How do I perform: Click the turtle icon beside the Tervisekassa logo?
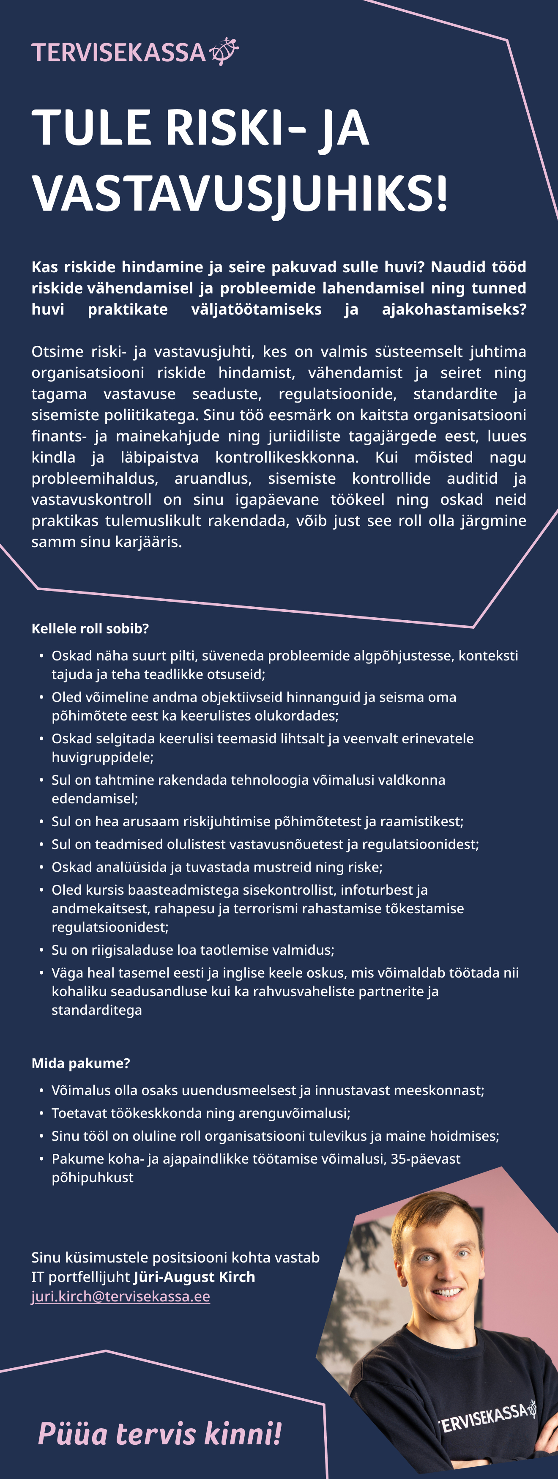pyautogui.click(x=224, y=51)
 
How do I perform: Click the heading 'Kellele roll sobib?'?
pyautogui.click(x=90, y=629)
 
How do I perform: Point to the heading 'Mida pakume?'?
pyautogui.click(x=81, y=1063)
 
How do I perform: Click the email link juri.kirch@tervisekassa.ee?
pyautogui.click(x=120, y=1296)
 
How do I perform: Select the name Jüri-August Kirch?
pyautogui.click(x=194, y=1277)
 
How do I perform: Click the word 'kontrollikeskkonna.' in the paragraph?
pyautogui.click(x=287, y=457)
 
